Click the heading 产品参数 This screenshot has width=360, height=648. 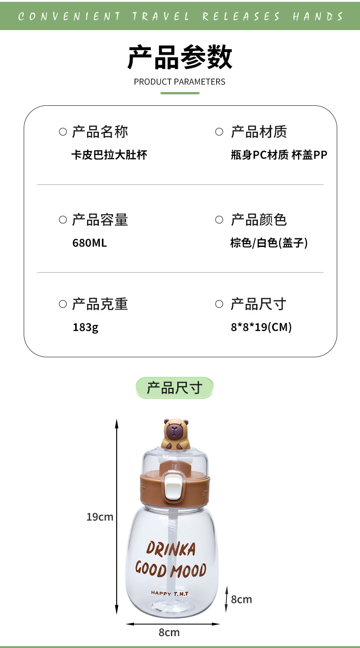(180, 57)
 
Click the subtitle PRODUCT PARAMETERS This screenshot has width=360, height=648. (180, 82)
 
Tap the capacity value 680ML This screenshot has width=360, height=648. (89, 243)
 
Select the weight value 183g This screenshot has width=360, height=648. (85, 327)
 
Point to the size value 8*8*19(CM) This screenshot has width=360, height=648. (261, 327)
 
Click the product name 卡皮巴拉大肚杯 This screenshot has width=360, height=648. (109, 155)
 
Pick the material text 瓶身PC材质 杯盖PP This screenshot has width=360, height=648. (279, 155)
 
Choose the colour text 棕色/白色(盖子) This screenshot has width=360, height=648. (269, 243)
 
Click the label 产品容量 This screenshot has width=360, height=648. (100, 220)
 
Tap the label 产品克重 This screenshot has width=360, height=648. (100, 304)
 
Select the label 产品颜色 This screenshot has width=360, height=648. (258, 220)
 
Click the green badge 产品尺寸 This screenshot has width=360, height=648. (174, 388)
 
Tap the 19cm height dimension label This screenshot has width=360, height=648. (100, 517)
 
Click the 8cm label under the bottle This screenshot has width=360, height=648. (169, 633)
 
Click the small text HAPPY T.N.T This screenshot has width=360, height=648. (170, 593)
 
